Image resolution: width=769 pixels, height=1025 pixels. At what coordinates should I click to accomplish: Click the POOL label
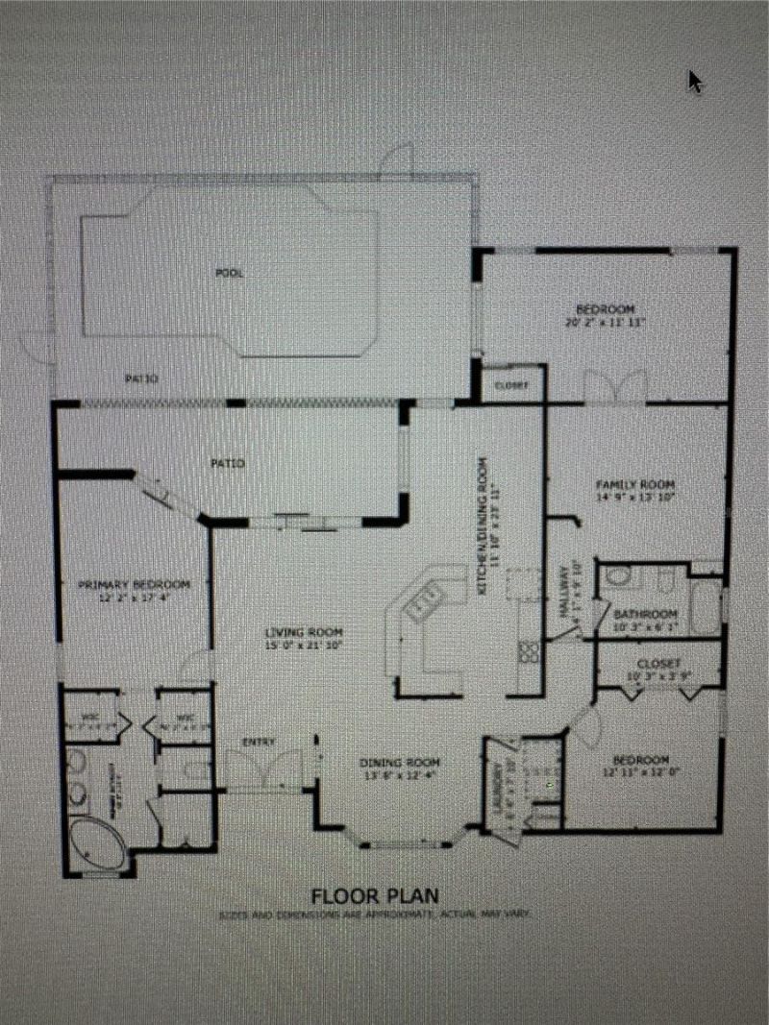[x=229, y=273]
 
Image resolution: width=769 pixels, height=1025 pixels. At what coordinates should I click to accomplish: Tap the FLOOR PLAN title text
[x=375, y=895]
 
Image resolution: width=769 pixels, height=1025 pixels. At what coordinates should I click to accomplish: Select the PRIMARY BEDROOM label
[x=133, y=584]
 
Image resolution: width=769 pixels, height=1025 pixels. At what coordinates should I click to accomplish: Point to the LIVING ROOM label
[x=304, y=632]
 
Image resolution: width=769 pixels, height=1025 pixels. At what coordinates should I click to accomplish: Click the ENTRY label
[x=260, y=742]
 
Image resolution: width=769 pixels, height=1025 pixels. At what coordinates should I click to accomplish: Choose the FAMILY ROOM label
[x=635, y=484]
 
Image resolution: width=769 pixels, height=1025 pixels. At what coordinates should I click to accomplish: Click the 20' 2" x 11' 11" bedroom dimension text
[x=606, y=323]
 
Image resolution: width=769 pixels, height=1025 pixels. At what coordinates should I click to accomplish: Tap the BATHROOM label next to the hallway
[x=646, y=614]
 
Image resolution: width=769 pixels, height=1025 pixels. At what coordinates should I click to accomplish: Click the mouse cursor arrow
[x=695, y=82]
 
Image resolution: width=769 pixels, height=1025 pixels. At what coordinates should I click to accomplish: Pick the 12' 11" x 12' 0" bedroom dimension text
[x=642, y=770]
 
